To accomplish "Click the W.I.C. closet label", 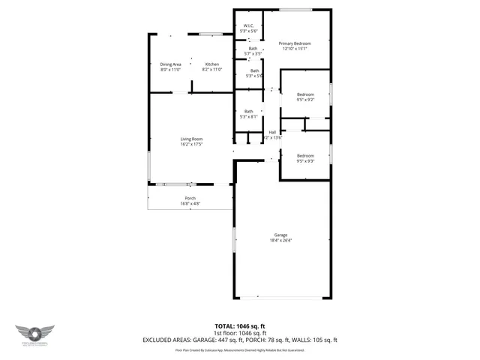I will coord(249,26).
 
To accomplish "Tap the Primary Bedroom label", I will coord(294,43).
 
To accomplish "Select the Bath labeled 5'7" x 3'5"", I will coord(253,49).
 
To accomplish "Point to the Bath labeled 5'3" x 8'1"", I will coord(248,112).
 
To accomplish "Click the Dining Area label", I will coord(170,64).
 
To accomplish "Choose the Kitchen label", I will coord(212,64).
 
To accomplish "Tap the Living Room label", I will coord(191,139).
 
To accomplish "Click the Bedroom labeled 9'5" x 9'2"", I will coord(305,94).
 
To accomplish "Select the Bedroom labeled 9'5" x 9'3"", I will coord(305,156).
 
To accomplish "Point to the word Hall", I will coord(272,133).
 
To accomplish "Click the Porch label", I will coord(190,198).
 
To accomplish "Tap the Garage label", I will coord(280,235).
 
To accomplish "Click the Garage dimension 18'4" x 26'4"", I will coord(280,241).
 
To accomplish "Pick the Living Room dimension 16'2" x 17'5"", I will coord(191,144).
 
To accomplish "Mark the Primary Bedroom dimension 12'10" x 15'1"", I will coord(294,49).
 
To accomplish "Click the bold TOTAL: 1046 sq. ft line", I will coord(240,326).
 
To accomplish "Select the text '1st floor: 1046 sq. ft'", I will coord(240,333).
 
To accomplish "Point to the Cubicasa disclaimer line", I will coord(240,349).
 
